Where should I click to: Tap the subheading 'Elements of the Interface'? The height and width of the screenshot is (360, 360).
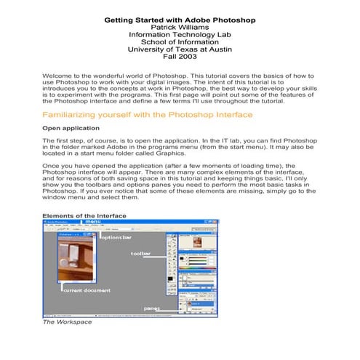click(84, 216)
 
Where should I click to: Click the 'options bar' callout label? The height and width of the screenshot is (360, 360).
click(116, 238)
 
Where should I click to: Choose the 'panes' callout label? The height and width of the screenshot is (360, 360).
click(151, 308)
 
